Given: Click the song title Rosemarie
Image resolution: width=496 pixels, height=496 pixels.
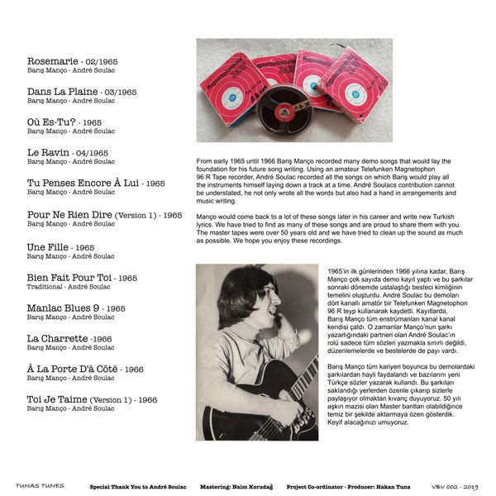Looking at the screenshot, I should tap(52, 61).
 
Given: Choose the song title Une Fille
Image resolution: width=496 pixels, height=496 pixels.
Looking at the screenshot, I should tap(46, 247).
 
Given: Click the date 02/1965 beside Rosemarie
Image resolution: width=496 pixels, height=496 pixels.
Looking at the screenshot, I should tap(122, 61).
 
